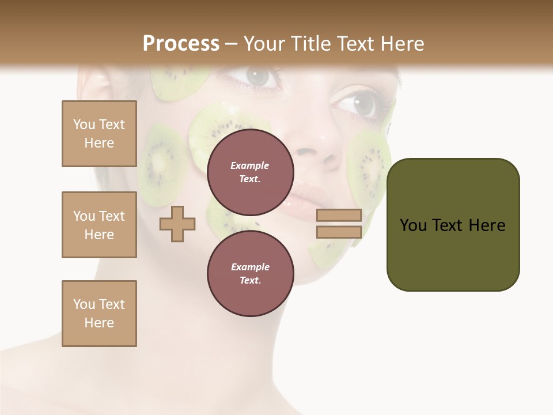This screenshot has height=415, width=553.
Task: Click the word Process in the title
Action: click(181, 44)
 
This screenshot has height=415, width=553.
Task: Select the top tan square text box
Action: click(99, 134)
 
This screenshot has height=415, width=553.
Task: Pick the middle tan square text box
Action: click(99, 225)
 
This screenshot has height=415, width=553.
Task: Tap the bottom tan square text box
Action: click(99, 314)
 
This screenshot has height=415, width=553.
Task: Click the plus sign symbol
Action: click(177, 224)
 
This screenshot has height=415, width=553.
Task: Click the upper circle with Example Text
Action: click(250, 172)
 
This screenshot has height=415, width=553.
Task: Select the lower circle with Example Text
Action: click(250, 273)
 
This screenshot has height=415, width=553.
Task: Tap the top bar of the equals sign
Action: click(339, 216)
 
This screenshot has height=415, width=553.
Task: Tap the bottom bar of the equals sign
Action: click(339, 232)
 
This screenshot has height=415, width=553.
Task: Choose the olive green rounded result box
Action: click(453, 225)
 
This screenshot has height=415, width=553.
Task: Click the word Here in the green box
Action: click(487, 225)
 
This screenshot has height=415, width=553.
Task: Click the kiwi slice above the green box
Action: click(369, 161)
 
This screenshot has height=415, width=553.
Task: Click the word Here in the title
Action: click(400, 44)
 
